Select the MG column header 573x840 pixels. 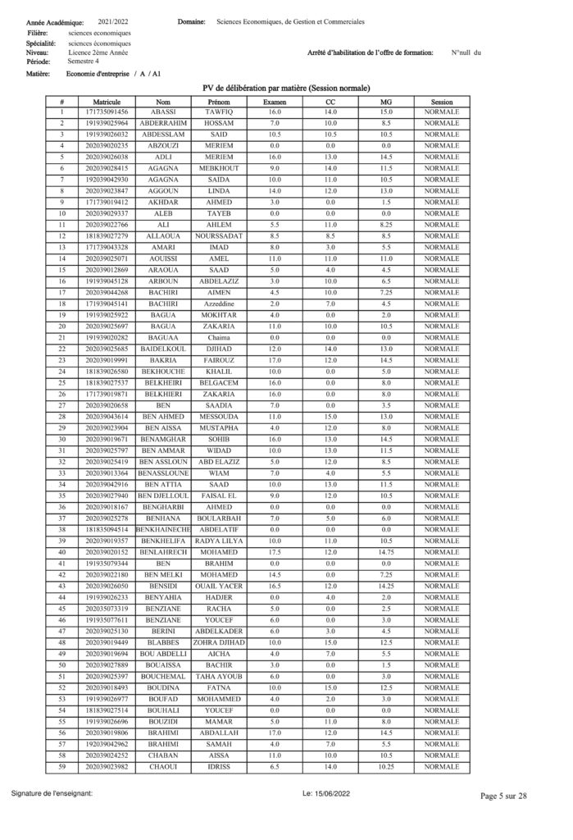[x=386, y=101]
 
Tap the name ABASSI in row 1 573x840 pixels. [x=163, y=112]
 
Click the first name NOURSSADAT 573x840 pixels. [x=219, y=236]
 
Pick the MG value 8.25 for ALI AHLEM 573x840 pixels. [x=386, y=225]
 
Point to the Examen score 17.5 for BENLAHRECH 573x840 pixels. [x=275, y=552]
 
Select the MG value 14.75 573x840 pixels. [x=386, y=552]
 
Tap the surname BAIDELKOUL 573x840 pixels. [x=163, y=349]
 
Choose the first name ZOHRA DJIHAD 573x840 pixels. [x=219, y=642]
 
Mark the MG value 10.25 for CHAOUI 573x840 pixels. [x=386, y=767]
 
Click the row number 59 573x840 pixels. [x=61, y=767]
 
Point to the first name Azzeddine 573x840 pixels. [x=219, y=304]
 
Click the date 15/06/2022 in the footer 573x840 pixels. [x=324, y=794]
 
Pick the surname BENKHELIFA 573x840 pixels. [x=163, y=541]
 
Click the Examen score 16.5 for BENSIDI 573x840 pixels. [x=275, y=586]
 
